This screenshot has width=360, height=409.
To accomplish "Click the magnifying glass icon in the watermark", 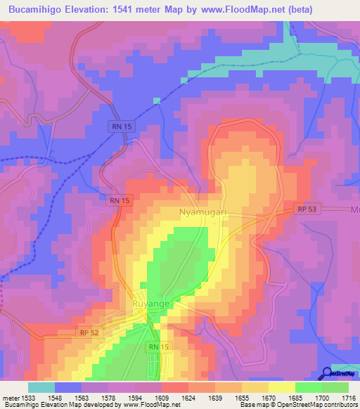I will click(327, 373).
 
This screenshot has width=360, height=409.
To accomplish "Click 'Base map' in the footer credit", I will click(251, 405).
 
